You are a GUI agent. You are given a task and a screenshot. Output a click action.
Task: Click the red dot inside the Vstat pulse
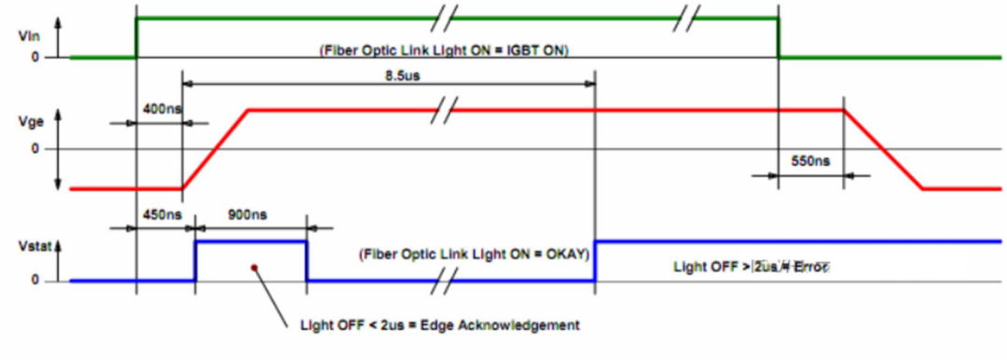[254, 268]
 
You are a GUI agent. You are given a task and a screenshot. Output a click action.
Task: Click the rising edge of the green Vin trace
[137, 37]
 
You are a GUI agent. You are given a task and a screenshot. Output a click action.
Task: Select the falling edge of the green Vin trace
[779, 37]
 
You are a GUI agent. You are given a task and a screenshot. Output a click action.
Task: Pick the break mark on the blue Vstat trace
[453, 280]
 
